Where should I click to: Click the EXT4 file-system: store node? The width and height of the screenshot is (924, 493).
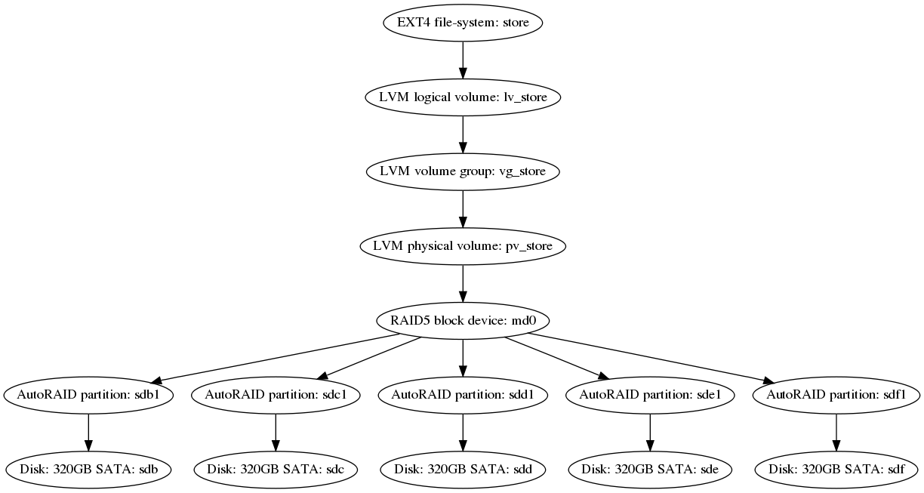tap(463, 23)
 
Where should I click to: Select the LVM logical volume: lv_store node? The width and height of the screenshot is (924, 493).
tap(463, 97)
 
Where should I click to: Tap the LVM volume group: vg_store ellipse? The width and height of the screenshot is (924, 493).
tap(463, 171)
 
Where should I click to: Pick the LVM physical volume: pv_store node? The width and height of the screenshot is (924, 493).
tap(463, 246)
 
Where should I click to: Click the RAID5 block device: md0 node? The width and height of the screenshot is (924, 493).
tap(463, 321)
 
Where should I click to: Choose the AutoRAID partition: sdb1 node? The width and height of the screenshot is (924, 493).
tap(88, 395)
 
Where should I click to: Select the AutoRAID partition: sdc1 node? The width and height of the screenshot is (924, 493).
tap(276, 395)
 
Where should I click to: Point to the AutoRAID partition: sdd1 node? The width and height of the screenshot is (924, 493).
tap(463, 395)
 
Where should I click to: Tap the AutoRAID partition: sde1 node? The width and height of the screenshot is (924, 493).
tap(650, 395)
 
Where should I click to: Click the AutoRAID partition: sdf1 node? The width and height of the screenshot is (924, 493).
tap(836, 395)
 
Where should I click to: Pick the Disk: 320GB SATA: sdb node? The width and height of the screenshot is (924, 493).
tap(88, 470)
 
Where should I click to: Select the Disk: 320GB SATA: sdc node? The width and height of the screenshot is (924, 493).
tap(276, 470)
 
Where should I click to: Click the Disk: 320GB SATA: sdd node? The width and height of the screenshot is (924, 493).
tap(463, 470)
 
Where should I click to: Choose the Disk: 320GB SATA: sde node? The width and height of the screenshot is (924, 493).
tap(650, 470)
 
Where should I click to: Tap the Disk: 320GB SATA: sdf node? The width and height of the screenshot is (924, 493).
tap(836, 470)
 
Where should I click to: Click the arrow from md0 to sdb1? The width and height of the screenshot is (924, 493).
tap(275, 358)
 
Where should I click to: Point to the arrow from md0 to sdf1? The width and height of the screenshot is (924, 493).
tap(651, 358)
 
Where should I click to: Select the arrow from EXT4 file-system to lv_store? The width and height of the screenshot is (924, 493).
tap(463, 60)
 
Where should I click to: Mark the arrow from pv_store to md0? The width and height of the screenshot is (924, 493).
tap(463, 283)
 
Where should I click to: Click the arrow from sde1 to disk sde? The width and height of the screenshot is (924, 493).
tap(650, 433)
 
